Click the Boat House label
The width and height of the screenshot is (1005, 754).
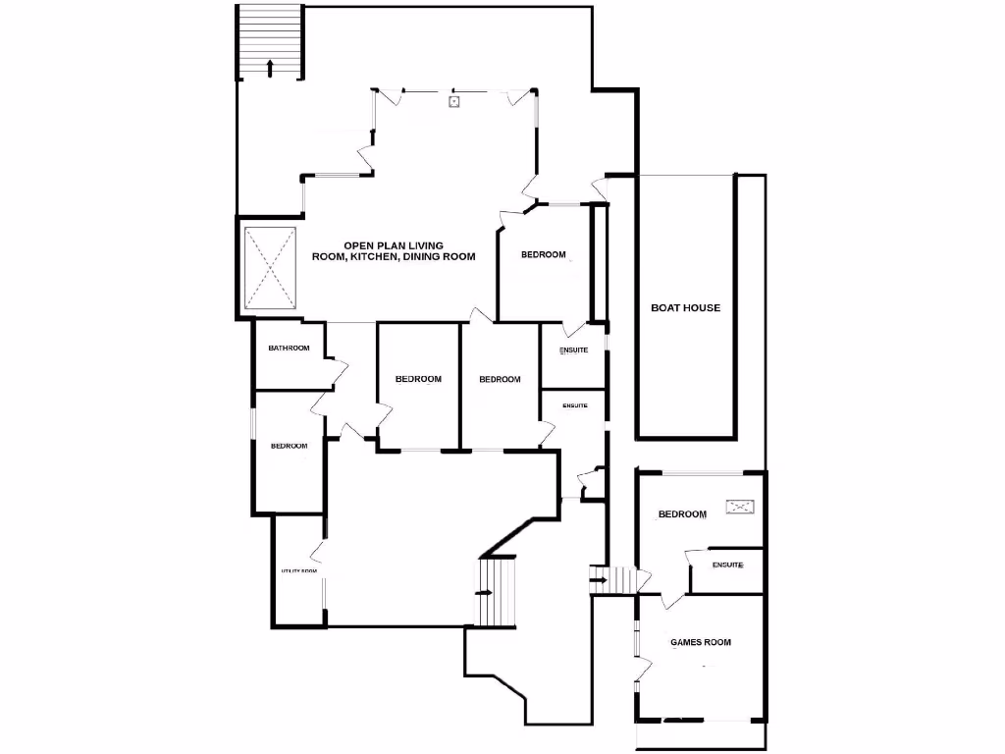[686, 308]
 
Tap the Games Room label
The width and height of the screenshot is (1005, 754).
[701, 643]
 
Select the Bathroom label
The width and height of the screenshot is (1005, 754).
[290, 349]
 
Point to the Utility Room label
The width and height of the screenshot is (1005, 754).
[299, 571]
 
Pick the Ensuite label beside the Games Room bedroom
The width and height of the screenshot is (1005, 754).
[727, 565]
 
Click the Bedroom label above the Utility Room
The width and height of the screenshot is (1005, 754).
[290, 447]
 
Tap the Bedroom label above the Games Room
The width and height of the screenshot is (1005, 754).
[682, 514]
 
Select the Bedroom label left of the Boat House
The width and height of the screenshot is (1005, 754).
[544, 255]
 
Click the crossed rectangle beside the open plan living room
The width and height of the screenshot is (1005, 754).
[270, 266]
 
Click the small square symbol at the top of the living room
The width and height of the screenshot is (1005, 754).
[453, 101]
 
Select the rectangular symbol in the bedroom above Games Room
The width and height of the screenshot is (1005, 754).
[740, 507]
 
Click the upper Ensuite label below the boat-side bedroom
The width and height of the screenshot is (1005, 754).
[574, 351]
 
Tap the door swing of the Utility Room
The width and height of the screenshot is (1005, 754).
[316, 552]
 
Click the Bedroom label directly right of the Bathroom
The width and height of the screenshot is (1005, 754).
[418, 380]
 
